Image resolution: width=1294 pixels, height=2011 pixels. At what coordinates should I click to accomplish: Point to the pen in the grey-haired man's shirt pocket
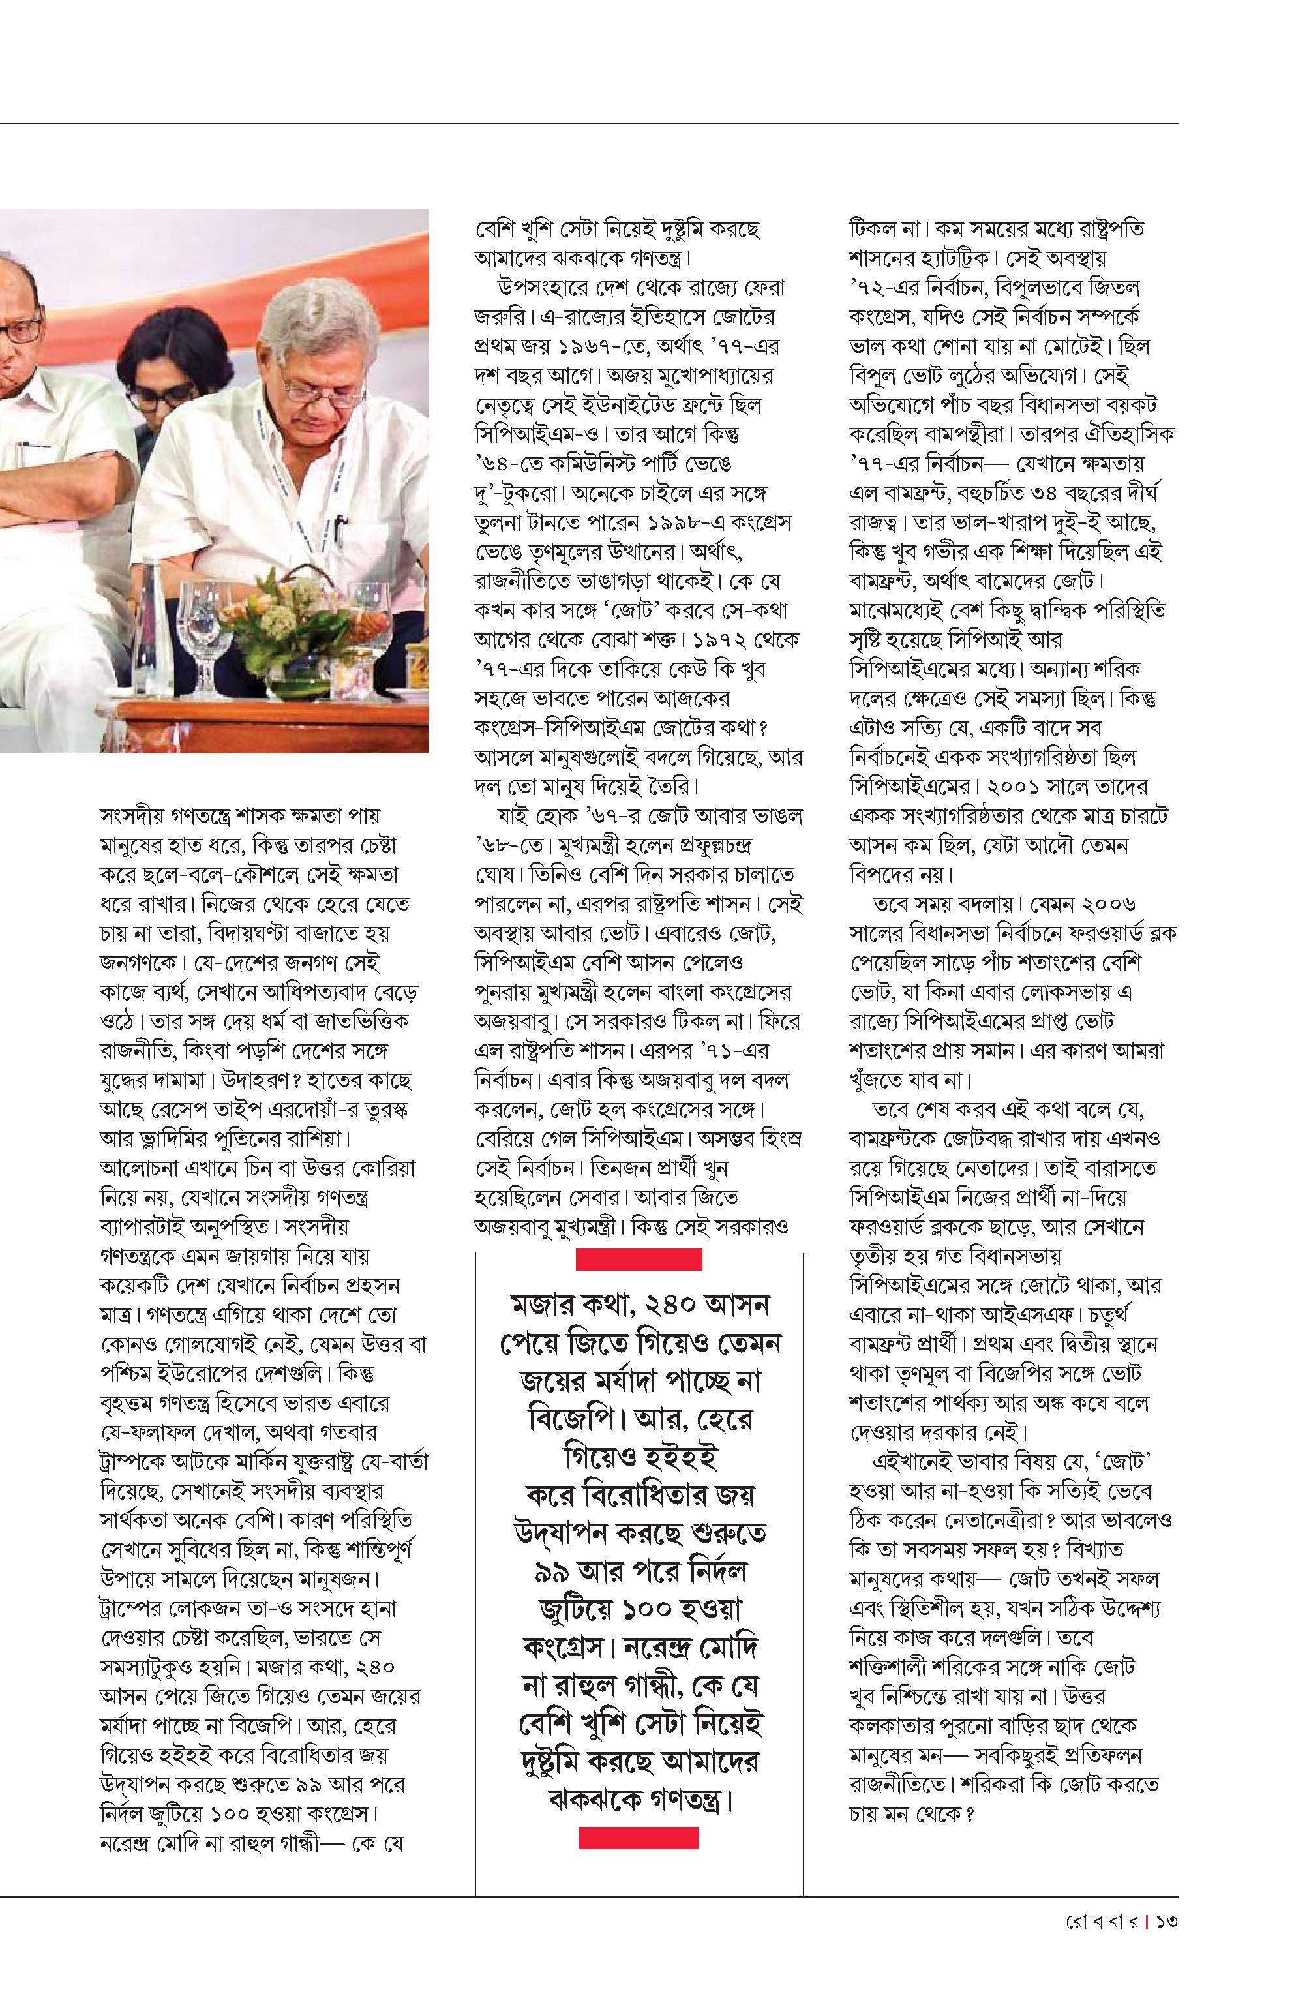click(345, 530)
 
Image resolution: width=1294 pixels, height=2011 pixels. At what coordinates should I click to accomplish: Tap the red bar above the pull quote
click(639, 1258)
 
